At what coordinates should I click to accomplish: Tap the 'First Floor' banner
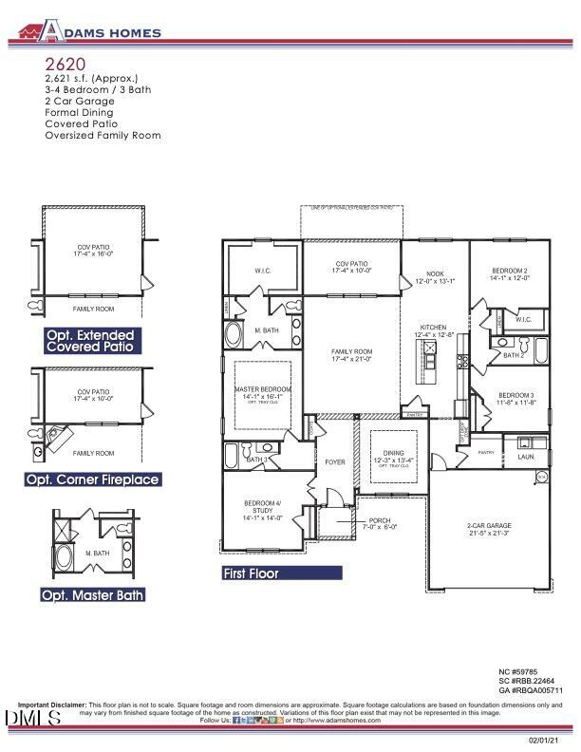281,573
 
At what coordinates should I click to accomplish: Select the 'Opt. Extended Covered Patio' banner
92,342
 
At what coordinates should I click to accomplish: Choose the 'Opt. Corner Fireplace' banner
92,480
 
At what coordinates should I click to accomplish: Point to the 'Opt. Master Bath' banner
92,595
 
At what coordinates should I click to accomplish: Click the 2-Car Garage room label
488,526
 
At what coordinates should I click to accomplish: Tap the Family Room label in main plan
350,354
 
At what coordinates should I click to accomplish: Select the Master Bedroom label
262,390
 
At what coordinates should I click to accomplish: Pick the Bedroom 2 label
509,272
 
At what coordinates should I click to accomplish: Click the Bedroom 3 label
517,395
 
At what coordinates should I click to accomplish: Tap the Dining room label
393,454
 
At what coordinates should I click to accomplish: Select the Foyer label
334,462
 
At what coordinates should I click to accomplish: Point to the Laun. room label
526,457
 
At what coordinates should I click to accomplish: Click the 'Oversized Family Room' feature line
103,136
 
